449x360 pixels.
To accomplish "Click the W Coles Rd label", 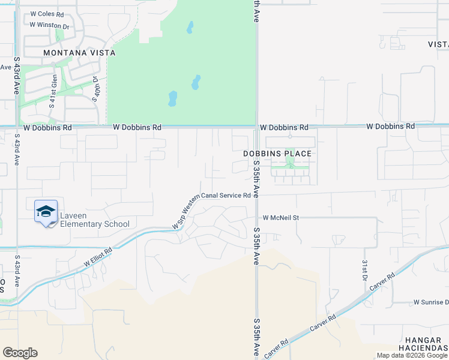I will click(46, 14).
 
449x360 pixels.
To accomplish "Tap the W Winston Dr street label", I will click(50, 26).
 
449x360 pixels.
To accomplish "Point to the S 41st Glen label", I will click(53, 94).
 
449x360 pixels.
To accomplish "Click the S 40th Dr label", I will click(96, 89).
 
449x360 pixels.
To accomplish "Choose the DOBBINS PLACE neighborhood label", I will click(277, 154).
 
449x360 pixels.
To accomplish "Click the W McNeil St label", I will click(280, 218).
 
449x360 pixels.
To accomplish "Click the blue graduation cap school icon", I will click(46, 212).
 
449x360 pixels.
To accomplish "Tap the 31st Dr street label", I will click(364, 271).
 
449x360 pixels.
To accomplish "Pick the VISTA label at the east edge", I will click(438, 44).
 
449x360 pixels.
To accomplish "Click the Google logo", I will click(20, 353).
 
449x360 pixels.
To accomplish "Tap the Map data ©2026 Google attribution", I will click(412, 355).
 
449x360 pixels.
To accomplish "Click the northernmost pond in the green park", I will click(190, 28).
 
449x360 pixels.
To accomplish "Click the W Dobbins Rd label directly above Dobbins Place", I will click(284, 128).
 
